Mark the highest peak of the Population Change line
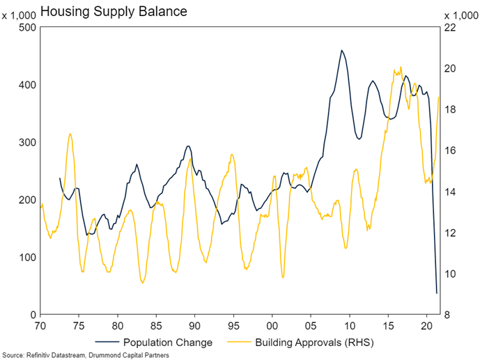click(x=341, y=50)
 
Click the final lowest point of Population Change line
click(x=437, y=293)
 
